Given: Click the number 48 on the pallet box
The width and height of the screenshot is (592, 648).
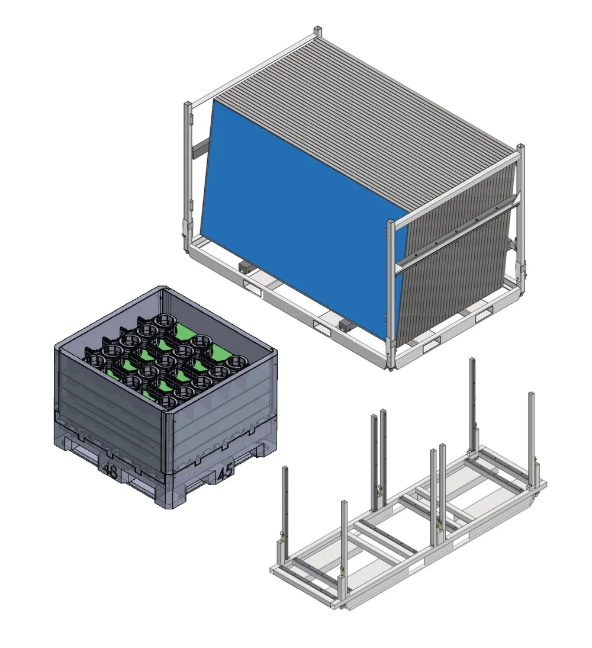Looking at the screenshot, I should point(110,471).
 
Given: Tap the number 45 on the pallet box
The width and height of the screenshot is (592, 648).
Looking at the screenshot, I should point(224,472).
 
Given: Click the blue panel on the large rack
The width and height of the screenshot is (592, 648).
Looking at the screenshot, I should point(302,195).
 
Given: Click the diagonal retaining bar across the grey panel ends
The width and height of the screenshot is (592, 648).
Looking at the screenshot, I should point(456,234).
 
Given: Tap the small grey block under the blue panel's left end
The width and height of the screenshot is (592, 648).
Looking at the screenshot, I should point(243,267).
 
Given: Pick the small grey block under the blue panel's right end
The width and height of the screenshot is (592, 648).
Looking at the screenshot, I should point(345,324).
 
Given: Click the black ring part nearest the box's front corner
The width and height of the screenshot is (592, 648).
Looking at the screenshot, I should point(169,402).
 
